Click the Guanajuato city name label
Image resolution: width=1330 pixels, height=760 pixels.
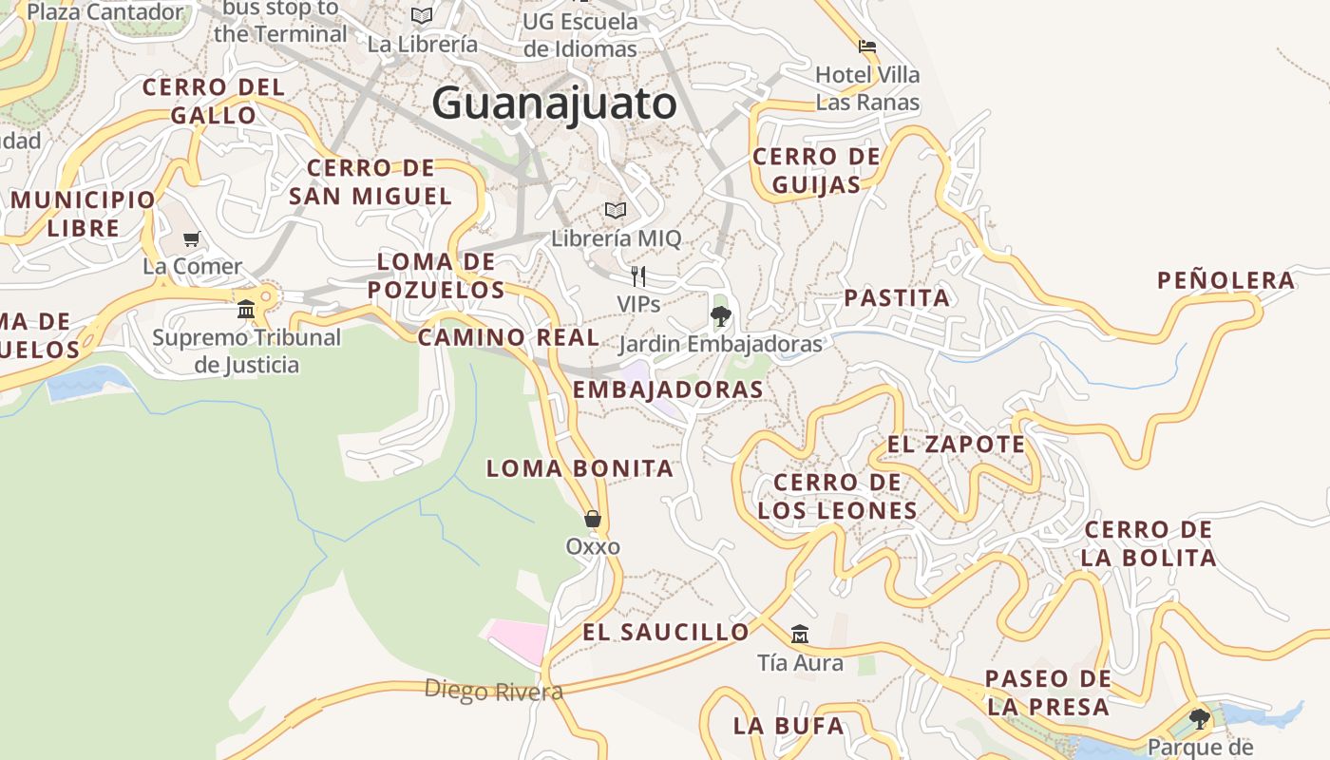click(x=554, y=104)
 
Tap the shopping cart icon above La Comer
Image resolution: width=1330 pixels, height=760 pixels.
click(x=192, y=238)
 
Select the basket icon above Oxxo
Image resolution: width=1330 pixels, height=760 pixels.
click(x=593, y=519)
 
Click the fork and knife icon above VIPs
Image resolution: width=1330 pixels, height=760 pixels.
click(x=638, y=276)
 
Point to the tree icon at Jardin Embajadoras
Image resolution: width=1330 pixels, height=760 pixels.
click(x=720, y=315)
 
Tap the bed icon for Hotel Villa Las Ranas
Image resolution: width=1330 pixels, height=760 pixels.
click(x=866, y=46)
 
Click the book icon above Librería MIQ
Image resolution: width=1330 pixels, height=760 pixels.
click(x=616, y=210)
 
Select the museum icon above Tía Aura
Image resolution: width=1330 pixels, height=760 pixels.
click(x=800, y=634)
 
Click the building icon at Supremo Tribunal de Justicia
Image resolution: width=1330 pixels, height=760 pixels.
click(x=246, y=309)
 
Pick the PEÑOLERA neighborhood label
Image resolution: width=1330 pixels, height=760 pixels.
click(x=1225, y=280)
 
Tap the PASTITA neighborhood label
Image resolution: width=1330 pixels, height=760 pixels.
click(x=897, y=298)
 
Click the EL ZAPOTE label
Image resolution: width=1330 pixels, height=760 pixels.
click(x=956, y=445)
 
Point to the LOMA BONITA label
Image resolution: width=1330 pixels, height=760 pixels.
click(x=579, y=468)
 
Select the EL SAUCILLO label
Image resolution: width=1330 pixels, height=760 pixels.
click(x=665, y=633)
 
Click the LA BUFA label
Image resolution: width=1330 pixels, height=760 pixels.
click(x=788, y=727)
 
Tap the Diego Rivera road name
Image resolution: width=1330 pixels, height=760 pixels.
click(x=493, y=691)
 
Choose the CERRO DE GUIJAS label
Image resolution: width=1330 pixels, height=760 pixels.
click(x=816, y=170)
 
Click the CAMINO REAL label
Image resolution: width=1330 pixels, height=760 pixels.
click(x=508, y=337)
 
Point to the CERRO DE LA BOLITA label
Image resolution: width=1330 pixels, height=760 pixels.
click(x=1148, y=543)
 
